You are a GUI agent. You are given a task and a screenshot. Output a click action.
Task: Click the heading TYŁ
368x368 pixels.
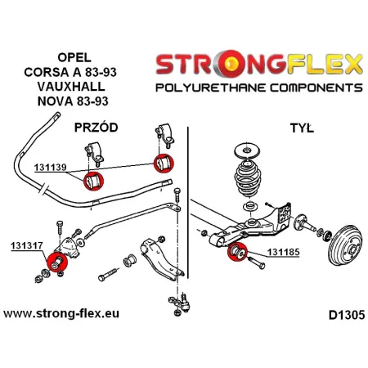[x=304, y=129]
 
